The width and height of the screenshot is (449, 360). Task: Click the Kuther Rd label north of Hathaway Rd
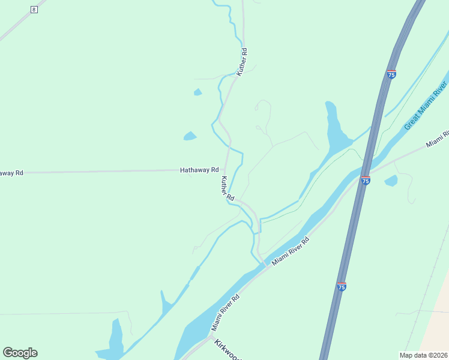tap(242, 61)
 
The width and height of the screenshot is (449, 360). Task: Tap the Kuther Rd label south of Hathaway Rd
tap(226, 188)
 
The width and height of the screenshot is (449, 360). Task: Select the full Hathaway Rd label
tap(199, 170)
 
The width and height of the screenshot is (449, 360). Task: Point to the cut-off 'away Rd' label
tap(11, 173)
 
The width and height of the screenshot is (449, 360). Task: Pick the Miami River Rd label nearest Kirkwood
tap(225, 313)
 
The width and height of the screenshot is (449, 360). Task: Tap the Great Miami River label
tap(426, 107)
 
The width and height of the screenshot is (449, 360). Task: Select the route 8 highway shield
tap(34, 10)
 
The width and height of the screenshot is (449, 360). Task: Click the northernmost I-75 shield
tap(391, 74)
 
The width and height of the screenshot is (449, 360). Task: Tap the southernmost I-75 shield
tap(341, 287)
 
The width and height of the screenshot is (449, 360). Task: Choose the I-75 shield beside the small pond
tap(366, 179)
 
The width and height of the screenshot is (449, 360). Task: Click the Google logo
tap(20, 353)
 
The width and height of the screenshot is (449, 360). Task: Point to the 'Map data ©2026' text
tap(423, 355)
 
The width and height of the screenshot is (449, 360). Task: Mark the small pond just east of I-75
tap(391, 180)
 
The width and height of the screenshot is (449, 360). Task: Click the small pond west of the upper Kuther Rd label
tap(197, 92)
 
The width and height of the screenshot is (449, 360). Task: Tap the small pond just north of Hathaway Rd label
tap(190, 136)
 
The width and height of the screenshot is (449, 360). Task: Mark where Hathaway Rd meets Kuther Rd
tap(225, 170)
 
